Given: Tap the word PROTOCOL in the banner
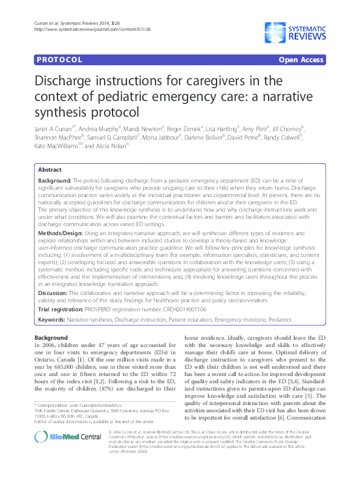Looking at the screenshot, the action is click(59, 60).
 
